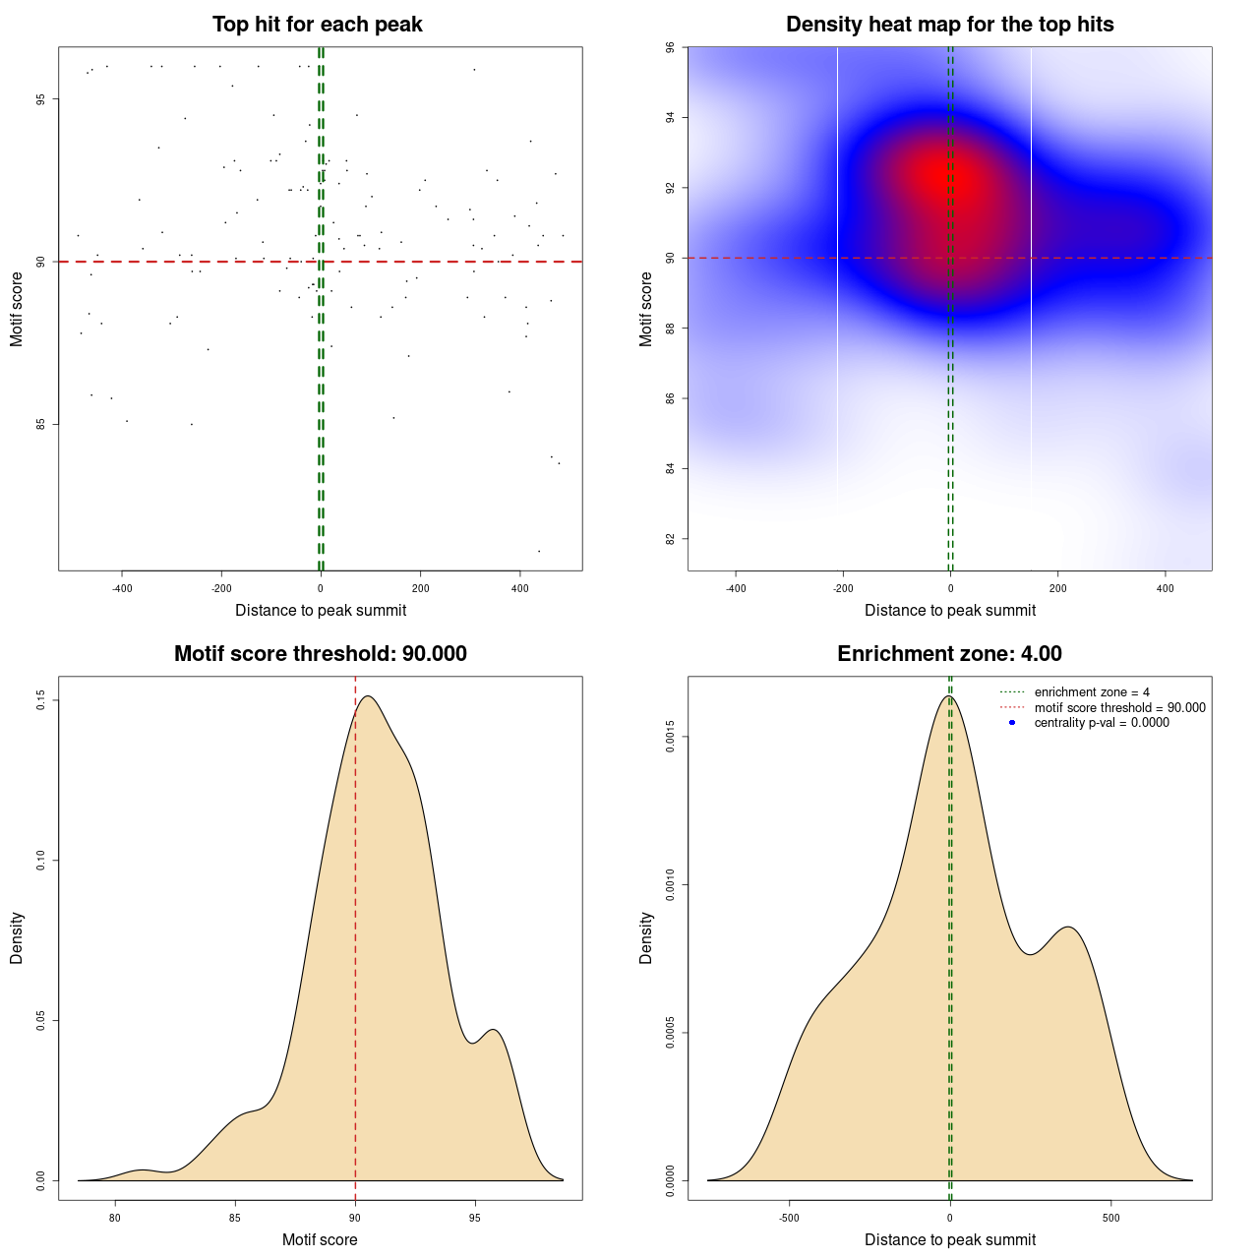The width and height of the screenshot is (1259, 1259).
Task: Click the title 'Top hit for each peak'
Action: click(317, 25)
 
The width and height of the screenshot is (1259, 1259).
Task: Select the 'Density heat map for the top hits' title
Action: click(949, 25)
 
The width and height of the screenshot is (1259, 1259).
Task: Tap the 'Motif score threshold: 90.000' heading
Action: click(320, 654)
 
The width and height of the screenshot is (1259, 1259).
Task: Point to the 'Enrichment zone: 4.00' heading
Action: click(949, 654)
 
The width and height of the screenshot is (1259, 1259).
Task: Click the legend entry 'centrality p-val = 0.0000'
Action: click(1102, 723)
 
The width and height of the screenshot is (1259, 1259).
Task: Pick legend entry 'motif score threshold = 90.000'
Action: click(1119, 708)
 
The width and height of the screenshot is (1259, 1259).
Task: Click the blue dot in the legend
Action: click(1012, 723)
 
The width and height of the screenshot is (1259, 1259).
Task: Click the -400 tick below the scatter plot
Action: click(122, 588)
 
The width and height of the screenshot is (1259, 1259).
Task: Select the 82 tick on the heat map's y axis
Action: click(671, 539)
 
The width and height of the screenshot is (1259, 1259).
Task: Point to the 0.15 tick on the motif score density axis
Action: click(41, 700)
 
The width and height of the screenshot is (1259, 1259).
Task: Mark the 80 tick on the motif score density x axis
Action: click(115, 1218)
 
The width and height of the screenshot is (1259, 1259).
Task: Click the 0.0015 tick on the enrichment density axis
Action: click(671, 737)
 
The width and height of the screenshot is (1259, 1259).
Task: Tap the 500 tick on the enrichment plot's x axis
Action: click(1110, 1218)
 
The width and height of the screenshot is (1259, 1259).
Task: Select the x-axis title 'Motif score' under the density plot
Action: click(320, 1240)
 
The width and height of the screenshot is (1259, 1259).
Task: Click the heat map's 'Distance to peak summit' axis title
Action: click(949, 611)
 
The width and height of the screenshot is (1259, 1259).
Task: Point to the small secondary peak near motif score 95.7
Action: click(494, 1030)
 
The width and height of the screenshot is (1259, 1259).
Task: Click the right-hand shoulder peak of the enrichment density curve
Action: click(1069, 928)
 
